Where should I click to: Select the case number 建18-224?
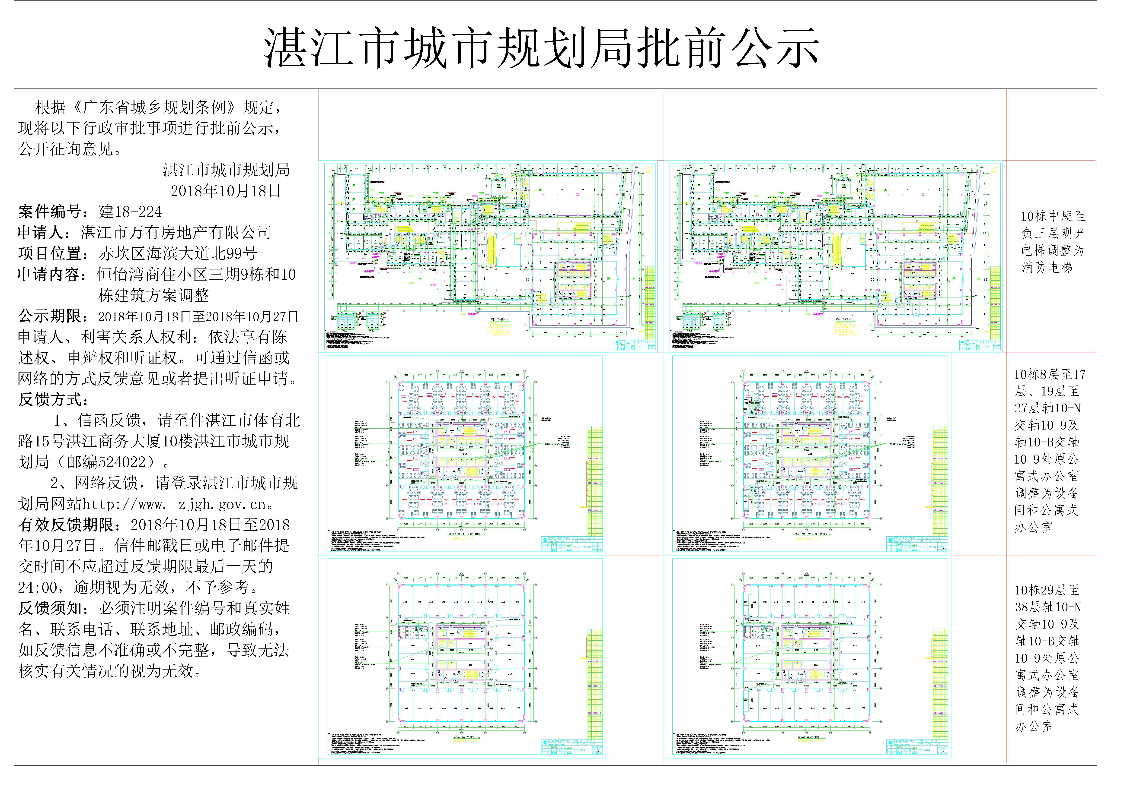[130, 212]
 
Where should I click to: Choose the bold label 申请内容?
[49, 275]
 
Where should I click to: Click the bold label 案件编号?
[49, 212]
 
